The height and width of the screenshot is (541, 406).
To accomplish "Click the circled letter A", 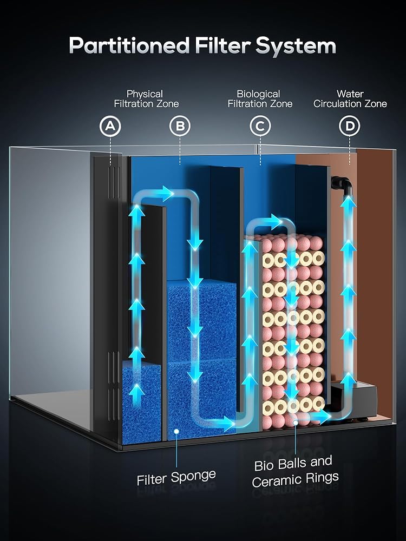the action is coord(110,126).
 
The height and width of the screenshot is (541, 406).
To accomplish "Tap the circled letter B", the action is coord(180,126).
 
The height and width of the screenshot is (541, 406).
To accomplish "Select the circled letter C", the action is coord(260,126).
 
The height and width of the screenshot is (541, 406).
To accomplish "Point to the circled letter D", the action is coord(349,126).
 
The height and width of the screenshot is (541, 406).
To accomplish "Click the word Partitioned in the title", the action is coord(129,45).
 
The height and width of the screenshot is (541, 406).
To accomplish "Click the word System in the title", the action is coord(296,46).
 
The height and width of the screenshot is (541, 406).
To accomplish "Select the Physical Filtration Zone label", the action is coord(146,98).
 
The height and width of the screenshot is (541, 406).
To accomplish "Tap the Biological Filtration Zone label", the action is coord(260,98).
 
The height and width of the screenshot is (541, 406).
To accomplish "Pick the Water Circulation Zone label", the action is coord(350,98).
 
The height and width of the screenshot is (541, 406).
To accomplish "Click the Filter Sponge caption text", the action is coord(176,478).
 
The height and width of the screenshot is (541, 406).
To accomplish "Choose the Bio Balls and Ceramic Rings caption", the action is coord(295,472).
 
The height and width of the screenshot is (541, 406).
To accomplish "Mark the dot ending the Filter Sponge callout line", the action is coord(176,431).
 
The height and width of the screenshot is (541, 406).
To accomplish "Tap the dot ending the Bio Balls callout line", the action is coord(296,421).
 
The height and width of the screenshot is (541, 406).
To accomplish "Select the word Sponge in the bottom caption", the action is coord(193,477).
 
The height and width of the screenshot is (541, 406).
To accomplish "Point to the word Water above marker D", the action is coord(350,94).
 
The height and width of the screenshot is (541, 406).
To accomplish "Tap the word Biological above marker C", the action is coord(258,94).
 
